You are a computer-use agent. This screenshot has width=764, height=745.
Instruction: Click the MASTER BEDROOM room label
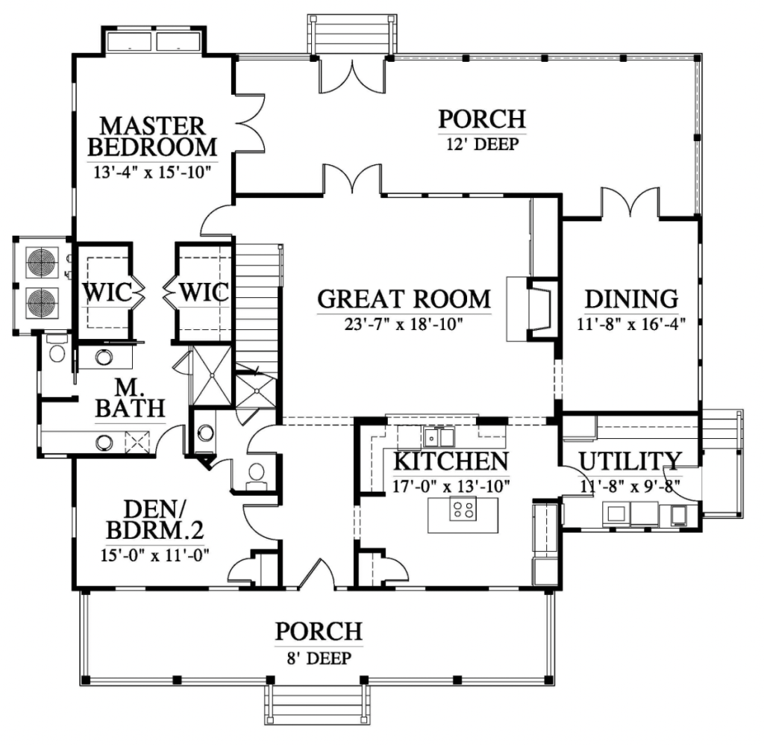[153, 134]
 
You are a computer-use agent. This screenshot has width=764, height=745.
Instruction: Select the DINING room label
[631, 299]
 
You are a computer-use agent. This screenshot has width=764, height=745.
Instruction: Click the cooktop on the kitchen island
[463, 511]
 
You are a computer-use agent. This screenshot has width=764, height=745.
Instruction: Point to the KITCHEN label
[451, 461]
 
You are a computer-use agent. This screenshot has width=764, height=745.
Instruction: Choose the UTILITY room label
[630, 461]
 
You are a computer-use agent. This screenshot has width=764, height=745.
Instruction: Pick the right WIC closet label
[202, 292]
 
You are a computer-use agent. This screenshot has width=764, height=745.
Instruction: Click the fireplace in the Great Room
[531, 306]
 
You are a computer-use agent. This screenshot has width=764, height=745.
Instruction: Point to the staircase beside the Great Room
[257, 306]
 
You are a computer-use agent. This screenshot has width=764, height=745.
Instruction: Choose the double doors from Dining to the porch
[631, 204]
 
